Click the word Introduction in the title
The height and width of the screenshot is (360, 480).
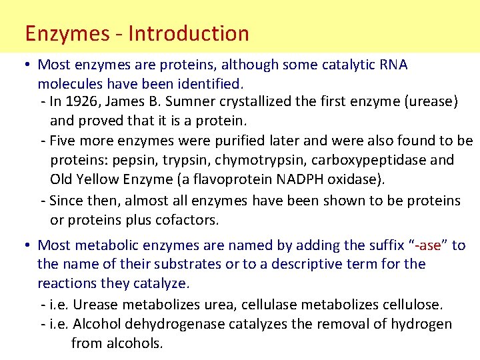(x=189, y=33)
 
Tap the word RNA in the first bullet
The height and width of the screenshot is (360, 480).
(x=393, y=65)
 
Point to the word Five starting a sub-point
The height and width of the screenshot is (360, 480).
(x=63, y=141)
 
